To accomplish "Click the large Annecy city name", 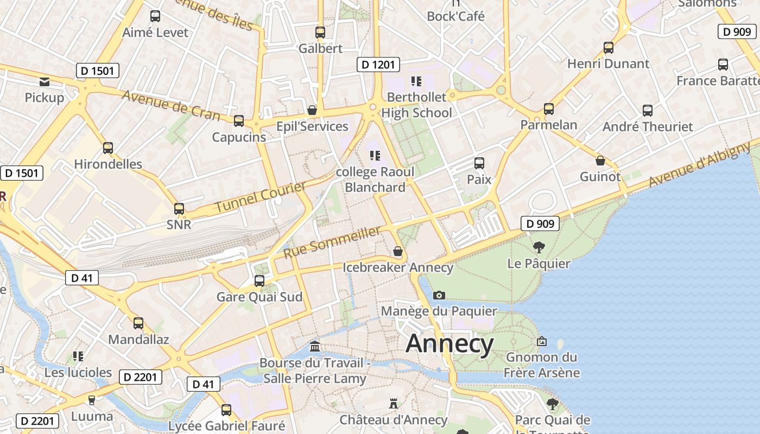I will click(449, 344).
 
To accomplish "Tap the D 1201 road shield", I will click(378, 65).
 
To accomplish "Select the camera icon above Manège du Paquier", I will click(439, 296).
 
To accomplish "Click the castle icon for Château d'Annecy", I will click(394, 404).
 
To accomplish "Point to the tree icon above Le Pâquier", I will click(539, 248).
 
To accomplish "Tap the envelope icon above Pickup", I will click(45, 82).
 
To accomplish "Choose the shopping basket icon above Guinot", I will click(600, 161).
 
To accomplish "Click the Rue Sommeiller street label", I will click(332, 242).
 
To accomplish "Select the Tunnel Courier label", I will click(261, 197).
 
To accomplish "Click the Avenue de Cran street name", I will click(170, 105).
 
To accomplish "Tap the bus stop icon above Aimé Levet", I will click(155, 16).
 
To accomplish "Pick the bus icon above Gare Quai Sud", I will click(259, 281).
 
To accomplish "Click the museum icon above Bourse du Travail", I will click(314, 347).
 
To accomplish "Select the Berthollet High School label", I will click(416, 105).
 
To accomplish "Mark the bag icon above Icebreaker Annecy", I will click(398, 251).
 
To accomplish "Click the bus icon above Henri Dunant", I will click(609, 48).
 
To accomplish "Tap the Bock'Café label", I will click(455, 16).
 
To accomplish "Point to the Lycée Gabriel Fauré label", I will click(226, 425).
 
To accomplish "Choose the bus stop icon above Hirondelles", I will click(108, 148).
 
